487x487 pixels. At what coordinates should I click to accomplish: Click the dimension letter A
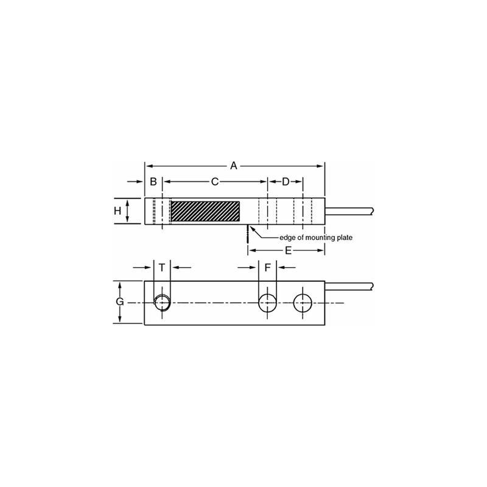[x=233, y=165]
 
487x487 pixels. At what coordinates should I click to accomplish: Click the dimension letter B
[x=153, y=182]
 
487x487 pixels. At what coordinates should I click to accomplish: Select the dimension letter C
[x=214, y=182]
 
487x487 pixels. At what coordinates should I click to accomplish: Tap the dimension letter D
[x=285, y=182]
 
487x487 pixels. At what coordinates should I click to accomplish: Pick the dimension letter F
[x=267, y=267]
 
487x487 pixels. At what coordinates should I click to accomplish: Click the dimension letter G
[x=120, y=303]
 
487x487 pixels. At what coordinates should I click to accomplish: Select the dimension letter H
[x=117, y=211]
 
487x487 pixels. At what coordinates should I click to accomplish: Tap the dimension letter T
[x=162, y=267]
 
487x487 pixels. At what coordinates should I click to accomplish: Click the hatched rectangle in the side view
[x=205, y=211]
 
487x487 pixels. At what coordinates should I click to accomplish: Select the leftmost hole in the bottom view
[x=162, y=302]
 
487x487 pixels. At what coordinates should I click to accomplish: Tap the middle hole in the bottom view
[x=267, y=302]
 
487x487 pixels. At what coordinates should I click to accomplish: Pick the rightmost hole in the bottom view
[x=302, y=302]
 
